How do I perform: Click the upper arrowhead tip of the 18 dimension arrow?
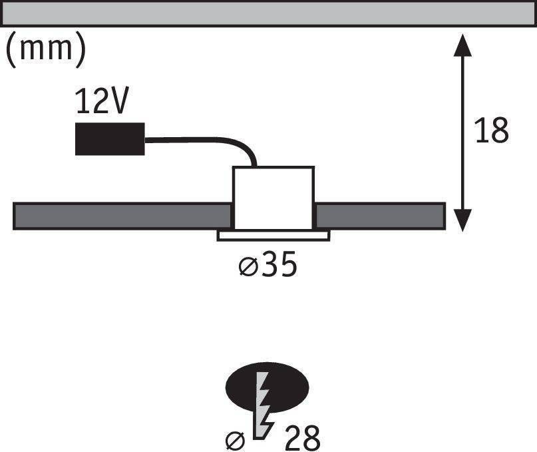click(462, 34)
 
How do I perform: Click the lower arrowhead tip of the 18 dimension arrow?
click(462, 232)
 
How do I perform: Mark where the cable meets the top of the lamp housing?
click(254, 166)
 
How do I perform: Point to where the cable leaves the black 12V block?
click(145, 140)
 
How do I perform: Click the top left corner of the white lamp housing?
click(233, 167)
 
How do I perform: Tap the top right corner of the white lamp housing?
click(314, 167)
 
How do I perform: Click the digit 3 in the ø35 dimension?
click(269, 264)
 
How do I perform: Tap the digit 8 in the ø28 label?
click(311, 438)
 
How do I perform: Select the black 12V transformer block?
click(110, 138)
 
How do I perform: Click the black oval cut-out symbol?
click(267, 387)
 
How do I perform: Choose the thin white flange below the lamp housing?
click(273, 236)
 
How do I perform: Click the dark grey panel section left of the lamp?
click(122, 216)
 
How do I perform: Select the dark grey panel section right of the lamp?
click(380, 216)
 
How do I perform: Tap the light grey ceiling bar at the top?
click(269, 13)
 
